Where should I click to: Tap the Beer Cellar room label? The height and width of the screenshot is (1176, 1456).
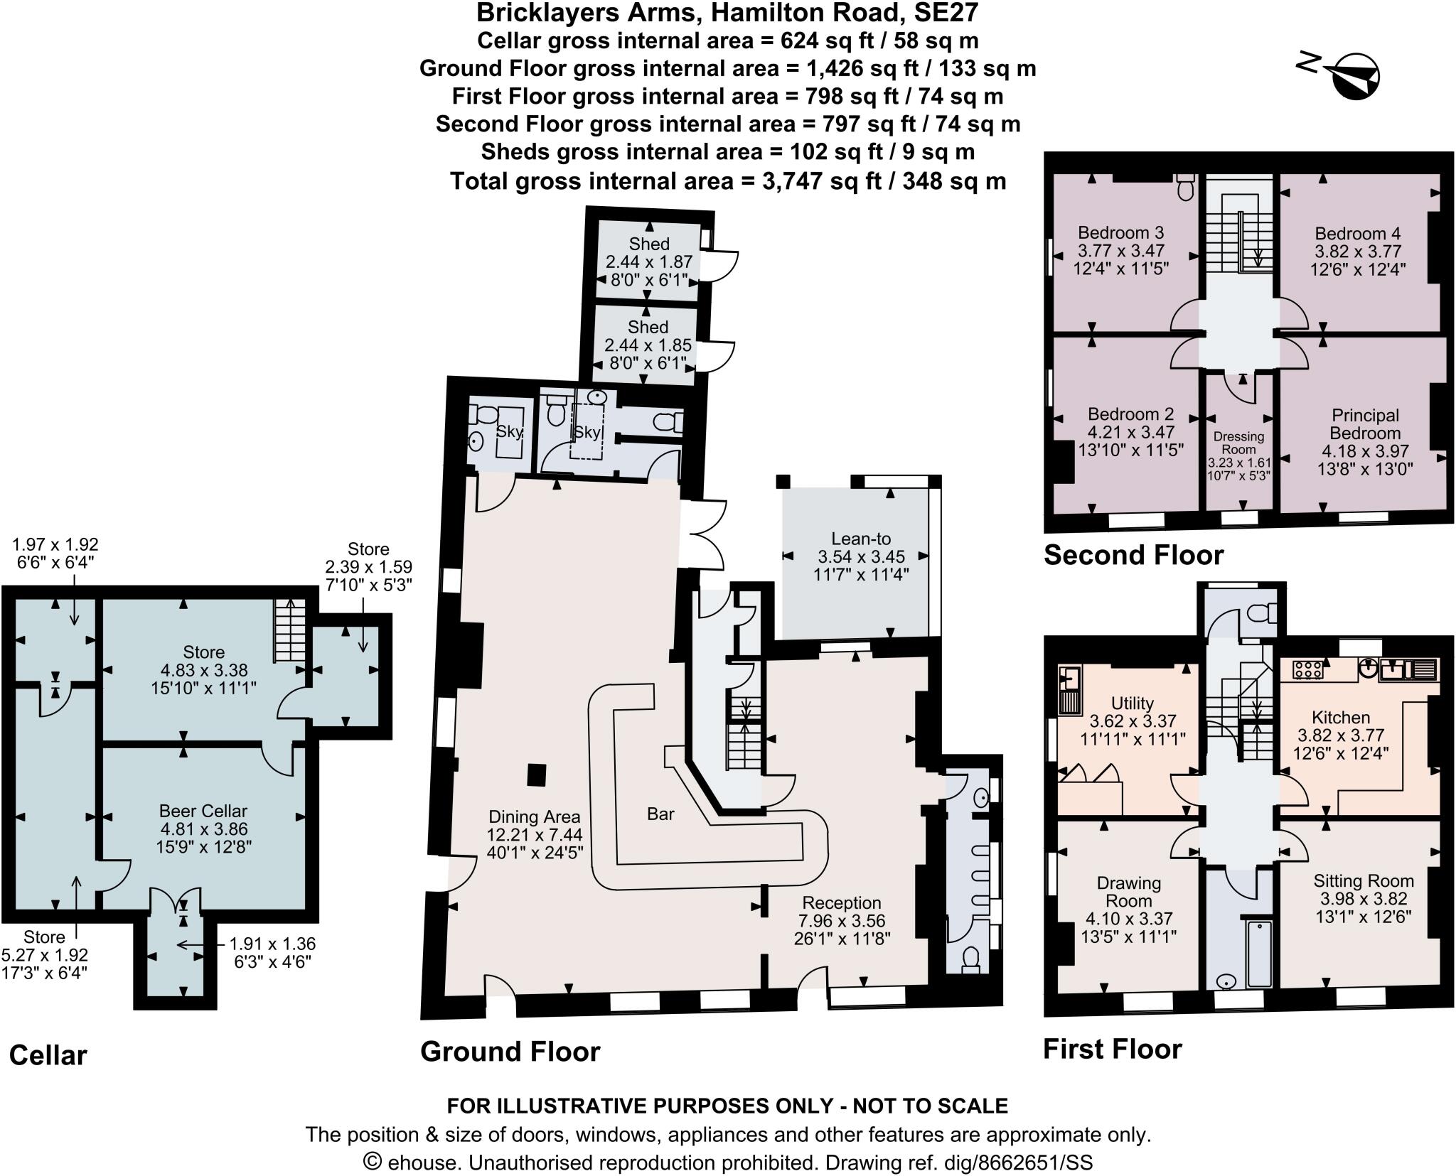point(203,811)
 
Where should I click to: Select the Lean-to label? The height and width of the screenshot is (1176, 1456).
point(861,539)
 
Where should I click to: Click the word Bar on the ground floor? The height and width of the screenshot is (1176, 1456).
point(660,814)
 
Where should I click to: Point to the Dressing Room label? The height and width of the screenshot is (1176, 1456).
point(1238,443)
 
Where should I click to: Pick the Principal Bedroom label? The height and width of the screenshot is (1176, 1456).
point(1365,424)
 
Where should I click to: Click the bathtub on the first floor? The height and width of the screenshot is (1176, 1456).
point(1259,954)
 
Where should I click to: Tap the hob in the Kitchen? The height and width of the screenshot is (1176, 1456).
point(1308,668)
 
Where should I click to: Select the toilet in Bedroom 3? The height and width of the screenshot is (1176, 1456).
point(1185,187)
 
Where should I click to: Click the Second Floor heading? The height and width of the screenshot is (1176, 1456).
point(1133,555)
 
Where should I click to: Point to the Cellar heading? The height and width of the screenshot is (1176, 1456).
point(48,1055)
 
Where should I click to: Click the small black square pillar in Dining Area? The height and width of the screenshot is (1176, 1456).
point(537,775)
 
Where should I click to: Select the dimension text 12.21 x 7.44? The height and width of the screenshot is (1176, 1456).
point(534,835)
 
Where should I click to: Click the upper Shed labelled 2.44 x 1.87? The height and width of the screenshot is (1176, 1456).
point(648,244)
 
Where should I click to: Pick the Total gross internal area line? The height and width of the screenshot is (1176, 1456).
point(727,181)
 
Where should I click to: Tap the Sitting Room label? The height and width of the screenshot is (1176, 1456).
point(1363,881)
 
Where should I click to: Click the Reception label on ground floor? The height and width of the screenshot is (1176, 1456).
point(841,903)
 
